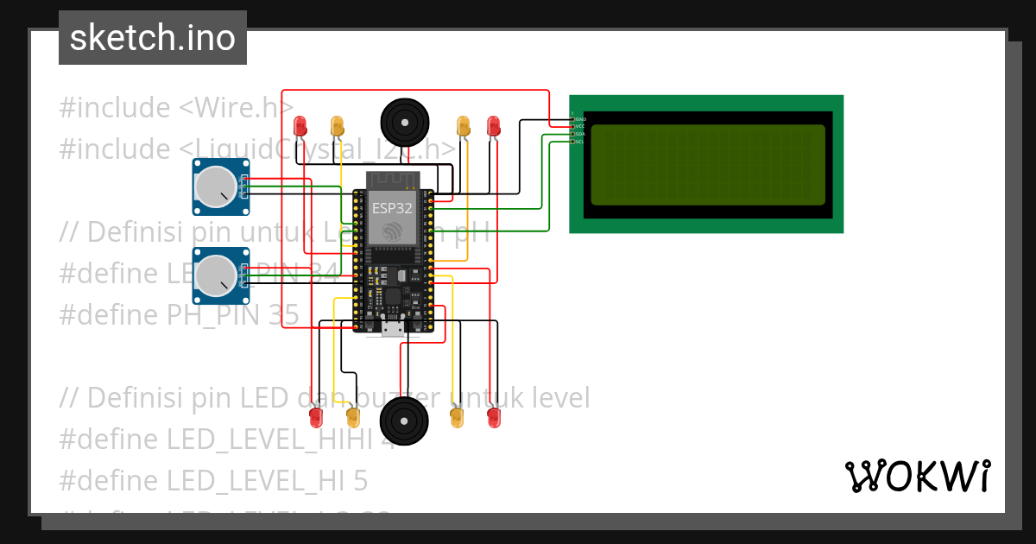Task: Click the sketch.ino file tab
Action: [152, 38]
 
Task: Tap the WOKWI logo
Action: [917, 476]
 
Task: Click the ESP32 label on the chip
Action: [392, 208]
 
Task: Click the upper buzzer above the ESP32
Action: [404, 123]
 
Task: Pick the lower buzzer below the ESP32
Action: [404, 421]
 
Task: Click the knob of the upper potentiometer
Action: [216, 187]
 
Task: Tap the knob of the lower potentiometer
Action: [216, 275]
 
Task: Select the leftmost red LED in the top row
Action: [300, 125]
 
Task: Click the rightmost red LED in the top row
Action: [494, 125]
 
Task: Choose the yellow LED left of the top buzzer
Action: [338, 125]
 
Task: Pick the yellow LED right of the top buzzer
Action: [464, 125]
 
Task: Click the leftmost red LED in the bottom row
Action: [316, 418]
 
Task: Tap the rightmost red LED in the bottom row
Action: [494, 418]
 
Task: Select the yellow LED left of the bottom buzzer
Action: [352, 418]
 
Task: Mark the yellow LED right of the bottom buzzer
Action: [457, 418]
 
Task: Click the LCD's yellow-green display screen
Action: [707, 164]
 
